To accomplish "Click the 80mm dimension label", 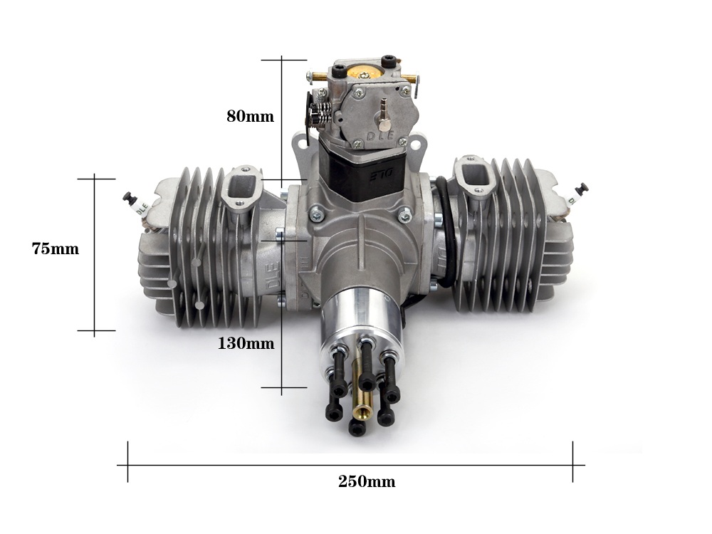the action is click(x=250, y=117).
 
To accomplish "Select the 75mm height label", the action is click(x=56, y=248).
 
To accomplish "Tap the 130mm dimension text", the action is click(x=246, y=343).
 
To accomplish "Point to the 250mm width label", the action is click(x=367, y=481).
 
